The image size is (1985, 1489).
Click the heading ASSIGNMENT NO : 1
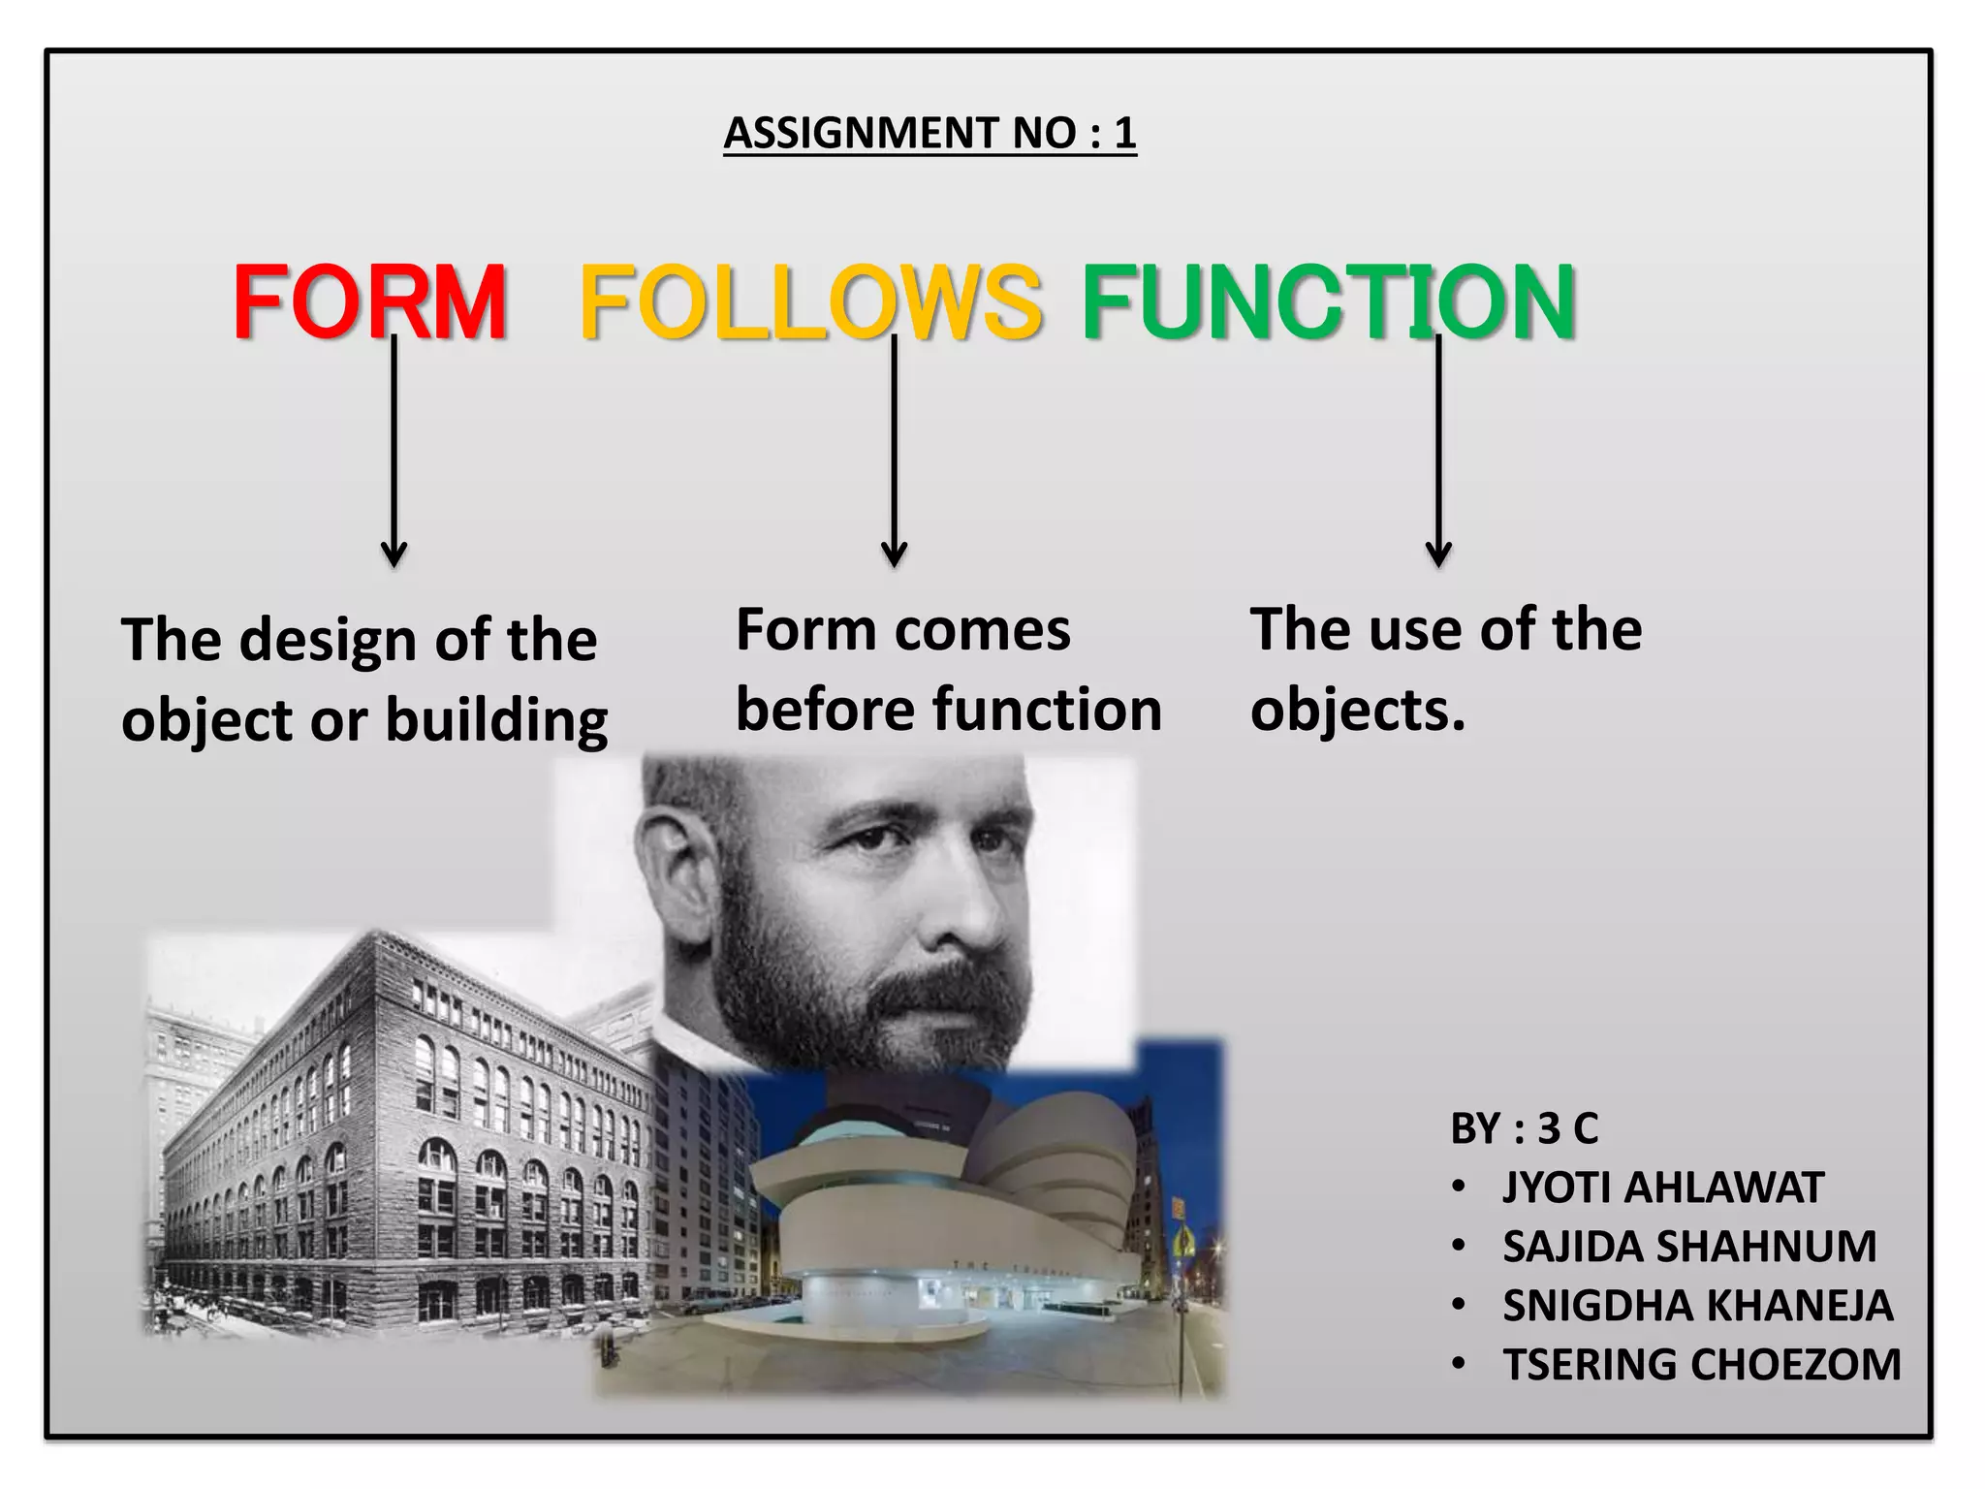coord(929,133)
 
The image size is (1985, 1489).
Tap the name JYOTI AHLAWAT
coord(1663,1188)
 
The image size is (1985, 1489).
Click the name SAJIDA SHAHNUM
coord(1689,1247)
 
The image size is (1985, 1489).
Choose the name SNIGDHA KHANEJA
coord(1697,1306)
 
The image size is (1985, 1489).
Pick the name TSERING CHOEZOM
coord(1702,1365)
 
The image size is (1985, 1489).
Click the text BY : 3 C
coord(1524,1128)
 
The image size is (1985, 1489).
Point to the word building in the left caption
coord(496,721)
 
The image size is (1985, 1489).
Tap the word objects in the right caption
coord(1357,711)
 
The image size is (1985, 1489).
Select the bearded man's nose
coord(955,902)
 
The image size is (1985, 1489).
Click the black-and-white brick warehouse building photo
coord(388,1144)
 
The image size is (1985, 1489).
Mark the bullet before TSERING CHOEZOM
coord(1459,1365)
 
